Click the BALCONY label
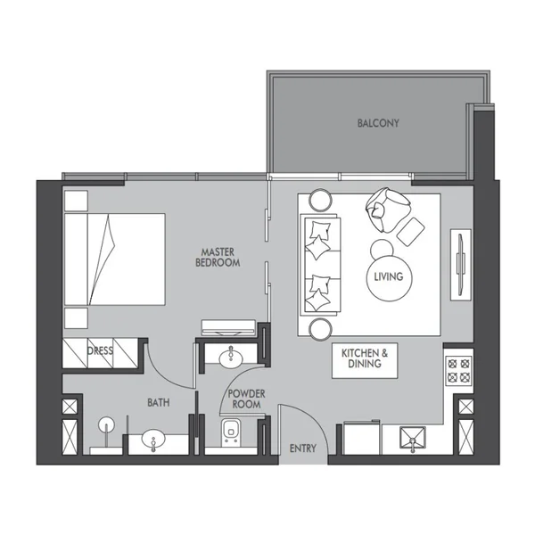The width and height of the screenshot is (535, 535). pos(378,123)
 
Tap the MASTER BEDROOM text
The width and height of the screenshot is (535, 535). pos(218,258)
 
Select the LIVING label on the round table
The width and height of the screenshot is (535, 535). pos(389,276)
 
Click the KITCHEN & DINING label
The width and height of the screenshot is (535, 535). pos(365,358)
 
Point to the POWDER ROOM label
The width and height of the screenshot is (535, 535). pos(246,399)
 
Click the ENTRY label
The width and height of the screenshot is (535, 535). pos(303,448)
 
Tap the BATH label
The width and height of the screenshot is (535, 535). pos(159,403)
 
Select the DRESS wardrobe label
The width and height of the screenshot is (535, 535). pos(100,350)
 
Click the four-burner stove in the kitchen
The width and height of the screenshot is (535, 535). pos(459,370)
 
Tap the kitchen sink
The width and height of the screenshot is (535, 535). pos(413,438)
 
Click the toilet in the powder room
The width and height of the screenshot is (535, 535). pos(231,432)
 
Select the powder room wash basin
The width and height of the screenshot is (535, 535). pos(231,358)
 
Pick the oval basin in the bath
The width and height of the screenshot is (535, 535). pos(153,440)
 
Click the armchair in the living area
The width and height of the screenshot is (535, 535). pos(387,210)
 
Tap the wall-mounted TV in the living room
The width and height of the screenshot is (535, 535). pos(460,265)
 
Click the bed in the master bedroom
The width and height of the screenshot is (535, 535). pos(115,259)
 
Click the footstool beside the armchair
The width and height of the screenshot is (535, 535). pos(411,231)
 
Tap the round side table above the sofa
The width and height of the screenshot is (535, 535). pos(320,200)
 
